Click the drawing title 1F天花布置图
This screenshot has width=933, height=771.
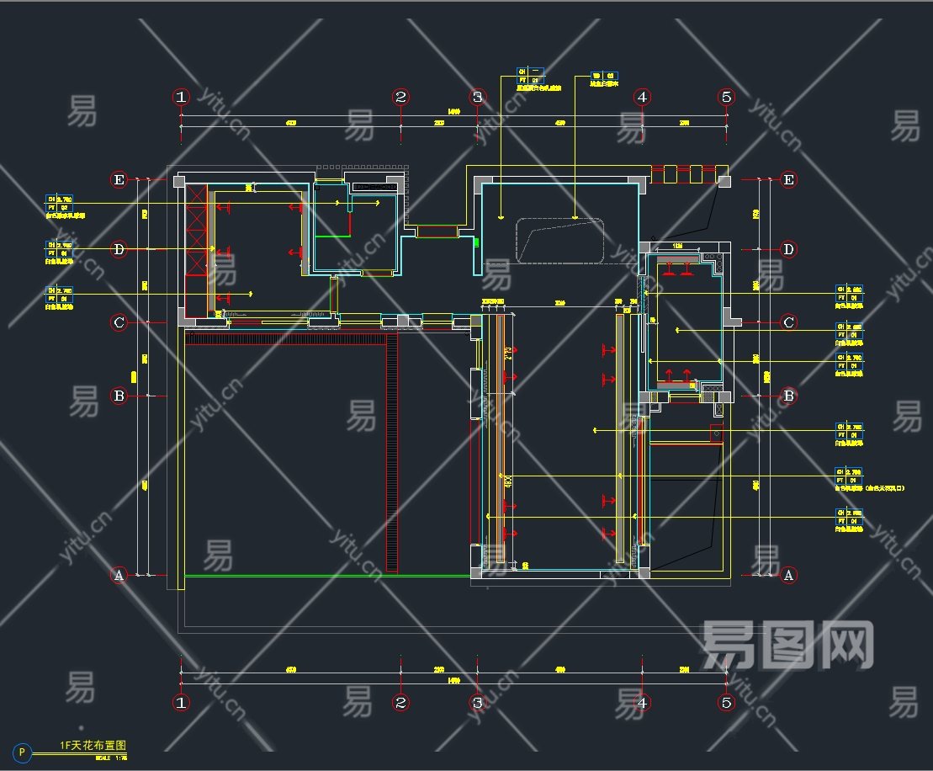click(x=93, y=746)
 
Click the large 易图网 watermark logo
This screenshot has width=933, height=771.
click(x=787, y=646)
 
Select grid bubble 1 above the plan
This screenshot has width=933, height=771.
click(x=182, y=97)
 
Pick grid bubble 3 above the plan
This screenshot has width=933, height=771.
click(x=477, y=97)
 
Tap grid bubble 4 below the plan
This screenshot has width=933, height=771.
click(x=643, y=702)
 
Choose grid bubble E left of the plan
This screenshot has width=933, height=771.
click(x=119, y=179)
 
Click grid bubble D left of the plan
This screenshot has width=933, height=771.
click(x=119, y=249)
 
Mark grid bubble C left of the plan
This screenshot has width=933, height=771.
click(x=119, y=322)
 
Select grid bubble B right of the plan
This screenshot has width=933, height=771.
click(x=788, y=396)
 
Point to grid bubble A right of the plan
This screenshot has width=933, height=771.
click(x=788, y=576)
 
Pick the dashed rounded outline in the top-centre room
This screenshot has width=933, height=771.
click(x=559, y=241)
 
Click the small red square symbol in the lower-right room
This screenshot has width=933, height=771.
click(x=716, y=434)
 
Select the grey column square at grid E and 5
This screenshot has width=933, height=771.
click(x=724, y=180)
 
